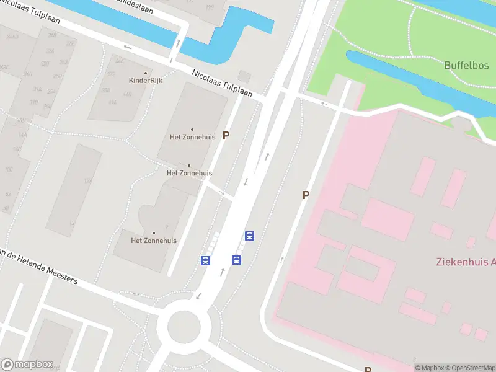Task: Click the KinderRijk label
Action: click(x=146, y=81)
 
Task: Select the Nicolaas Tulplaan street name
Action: click(x=222, y=83)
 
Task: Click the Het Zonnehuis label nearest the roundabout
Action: click(x=154, y=241)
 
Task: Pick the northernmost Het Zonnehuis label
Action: click(x=192, y=137)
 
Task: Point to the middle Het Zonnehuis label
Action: click(x=190, y=173)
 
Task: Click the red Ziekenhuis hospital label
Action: click(x=465, y=262)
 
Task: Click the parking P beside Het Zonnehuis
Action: click(x=226, y=135)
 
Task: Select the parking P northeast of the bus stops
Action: click(x=306, y=195)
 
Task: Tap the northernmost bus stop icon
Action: click(x=249, y=236)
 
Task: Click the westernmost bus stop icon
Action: click(x=205, y=260)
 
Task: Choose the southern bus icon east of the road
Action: click(x=236, y=260)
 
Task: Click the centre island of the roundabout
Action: click(x=184, y=325)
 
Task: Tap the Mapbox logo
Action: click(x=27, y=365)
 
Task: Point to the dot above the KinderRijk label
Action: click(x=146, y=73)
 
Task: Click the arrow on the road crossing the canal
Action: click(x=179, y=43)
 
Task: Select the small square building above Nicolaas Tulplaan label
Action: click(x=244, y=76)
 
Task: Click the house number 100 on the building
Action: click(x=9, y=169)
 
